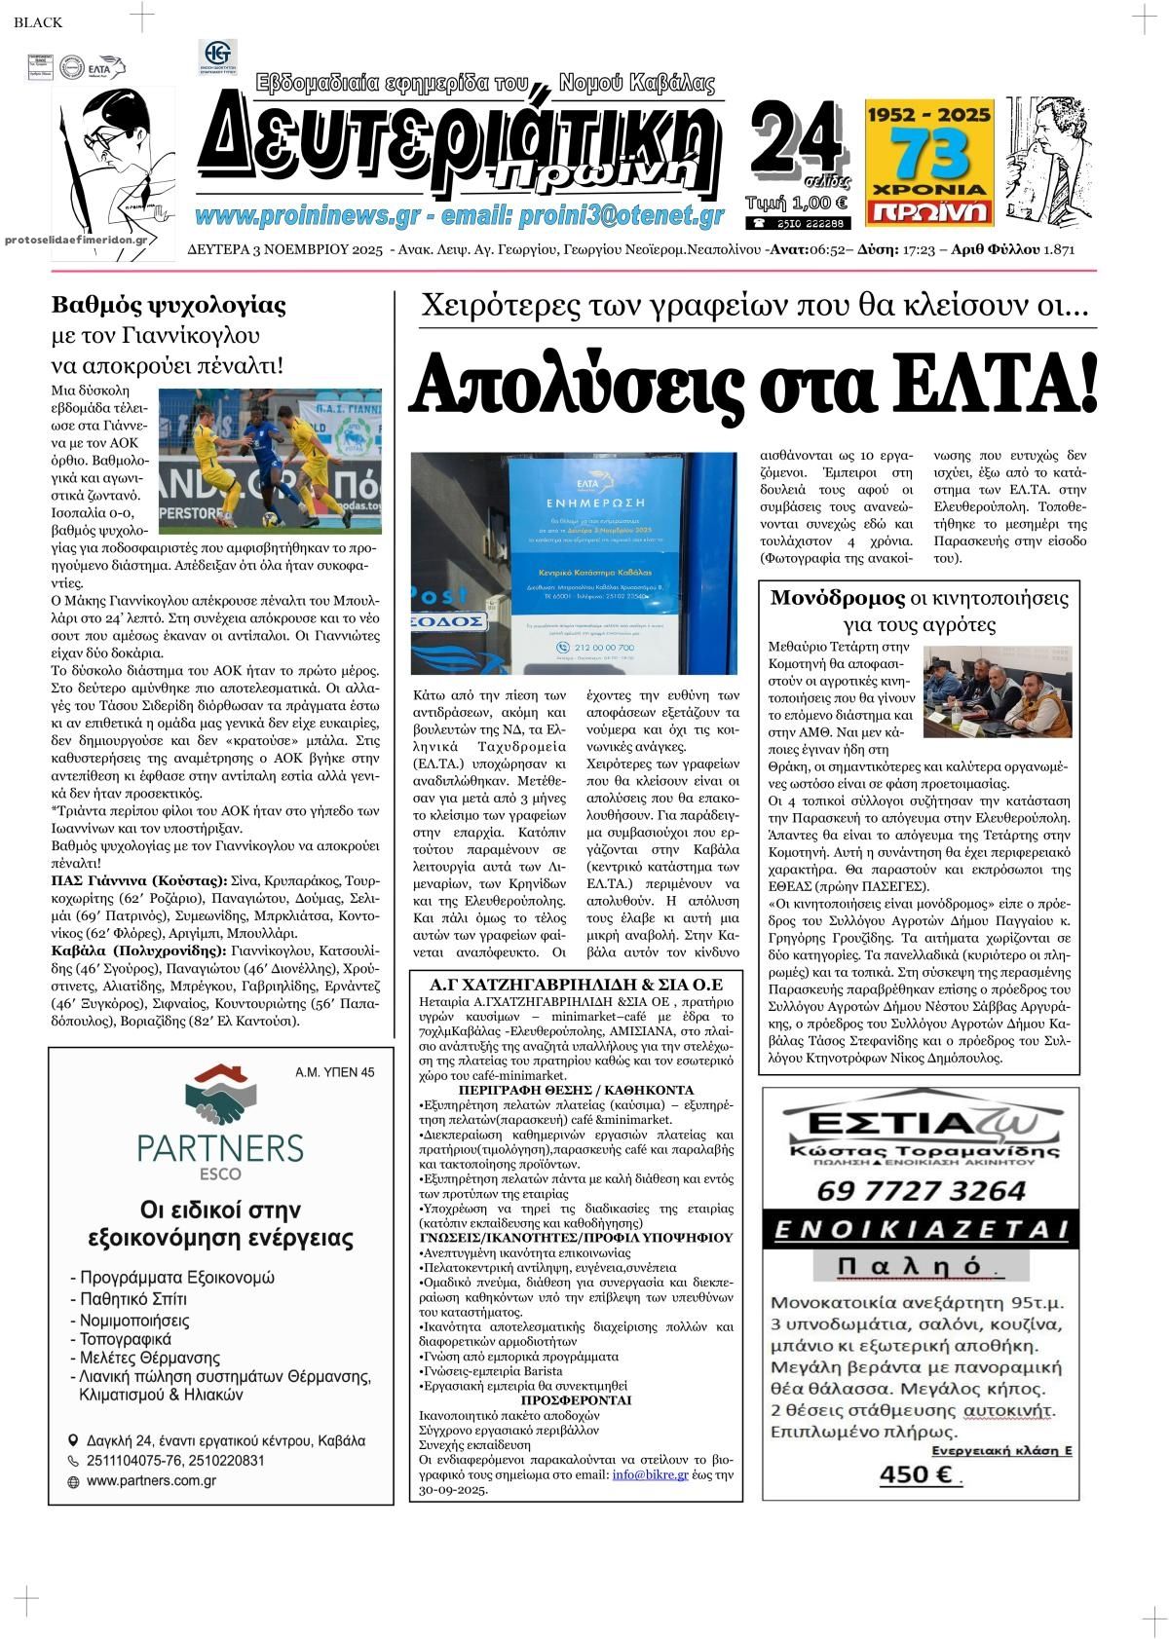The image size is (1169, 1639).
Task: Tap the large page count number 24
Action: coord(796,136)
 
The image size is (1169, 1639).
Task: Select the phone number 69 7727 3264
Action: coord(921,1190)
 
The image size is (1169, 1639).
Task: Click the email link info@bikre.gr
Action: coord(650,1474)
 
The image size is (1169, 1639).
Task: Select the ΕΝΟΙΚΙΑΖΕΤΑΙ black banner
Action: coord(921,1228)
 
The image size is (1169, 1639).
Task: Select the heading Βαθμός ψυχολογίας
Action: coord(169,306)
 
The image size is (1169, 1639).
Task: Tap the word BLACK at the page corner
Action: coord(38,22)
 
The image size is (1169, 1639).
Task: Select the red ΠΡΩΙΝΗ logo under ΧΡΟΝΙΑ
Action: coord(929,210)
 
